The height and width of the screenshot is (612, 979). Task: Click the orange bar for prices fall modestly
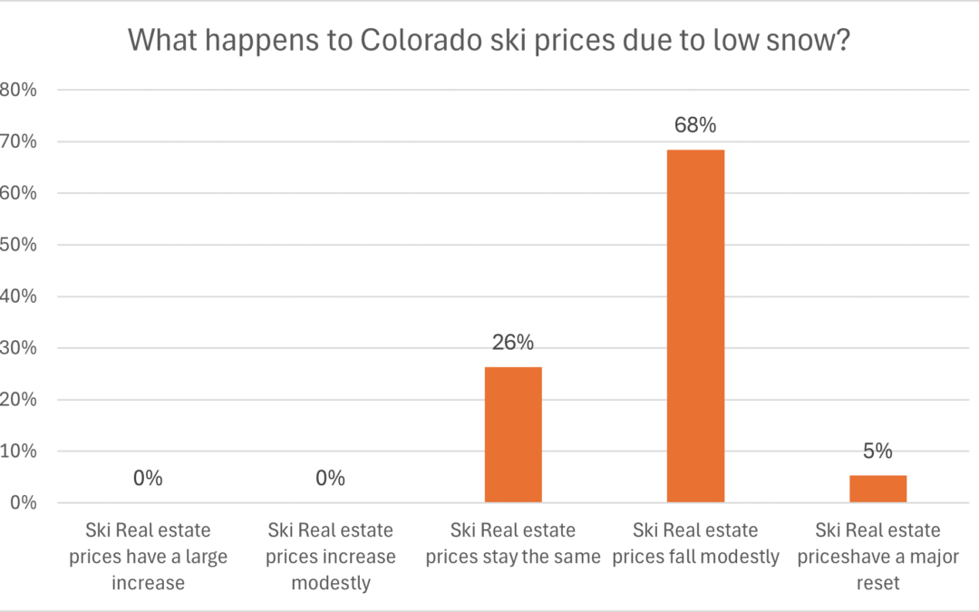tap(695, 326)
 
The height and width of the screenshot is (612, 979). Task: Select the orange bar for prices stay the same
tap(513, 434)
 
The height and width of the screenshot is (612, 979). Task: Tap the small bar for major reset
tap(877, 489)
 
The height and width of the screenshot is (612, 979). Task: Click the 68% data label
tap(695, 126)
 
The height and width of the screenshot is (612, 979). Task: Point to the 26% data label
tap(513, 343)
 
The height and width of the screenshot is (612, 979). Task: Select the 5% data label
tap(877, 451)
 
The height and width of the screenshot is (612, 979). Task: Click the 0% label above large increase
tap(148, 479)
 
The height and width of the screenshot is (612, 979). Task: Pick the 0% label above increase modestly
tap(330, 479)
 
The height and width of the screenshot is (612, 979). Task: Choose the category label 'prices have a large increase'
tap(148, 556)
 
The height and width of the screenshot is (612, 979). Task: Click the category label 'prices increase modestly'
tap(330, 556)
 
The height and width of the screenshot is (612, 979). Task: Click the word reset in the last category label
tap(877, 582)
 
